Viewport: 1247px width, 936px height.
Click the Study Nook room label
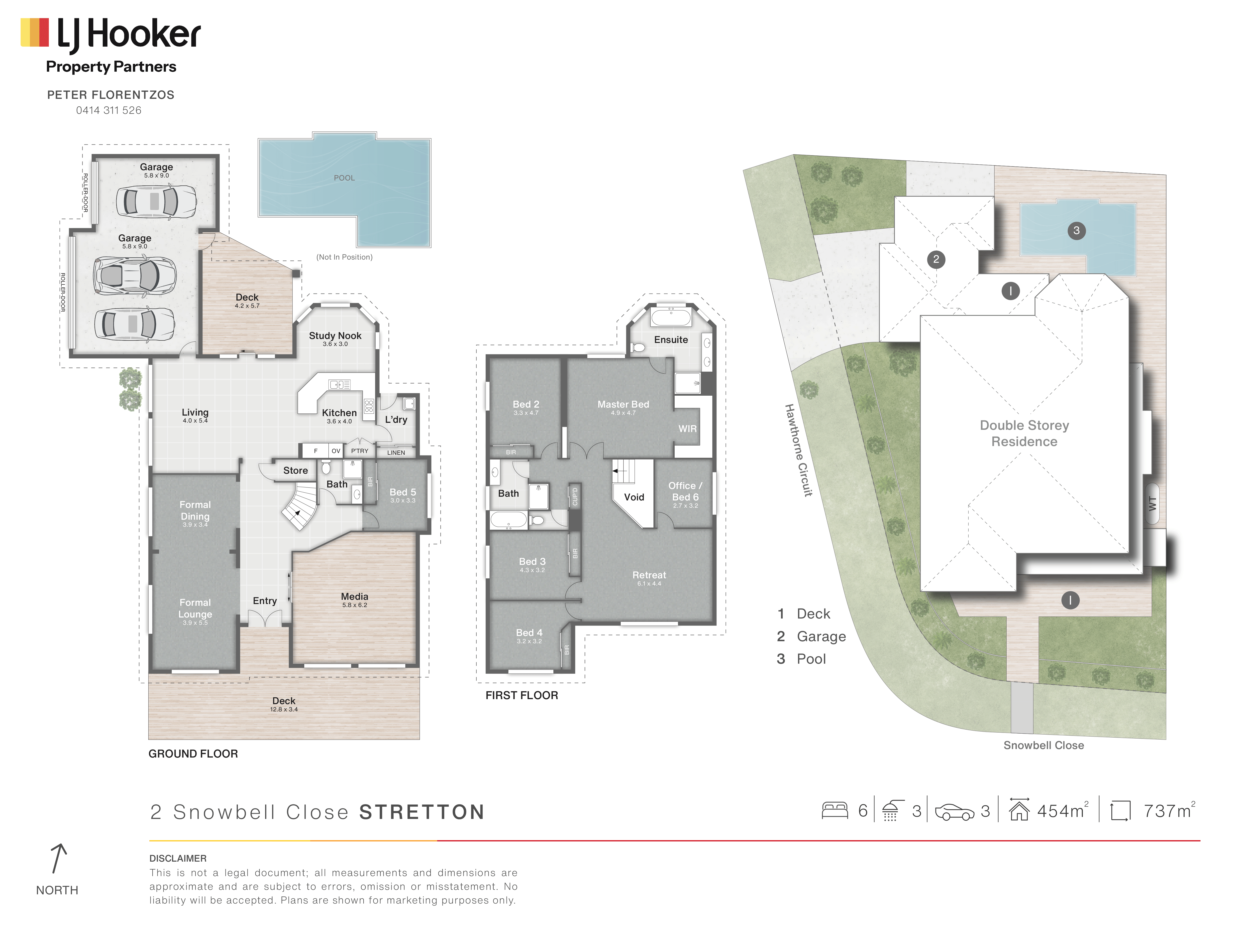coord(335,336)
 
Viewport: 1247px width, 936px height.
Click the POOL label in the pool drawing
coord(344,178)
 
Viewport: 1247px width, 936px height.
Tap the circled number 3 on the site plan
coord(1076,230)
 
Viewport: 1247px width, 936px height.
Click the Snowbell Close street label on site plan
coord(1043,745)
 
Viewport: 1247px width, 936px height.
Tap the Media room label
coord(355,596)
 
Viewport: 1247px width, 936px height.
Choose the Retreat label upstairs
coord(649,575)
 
